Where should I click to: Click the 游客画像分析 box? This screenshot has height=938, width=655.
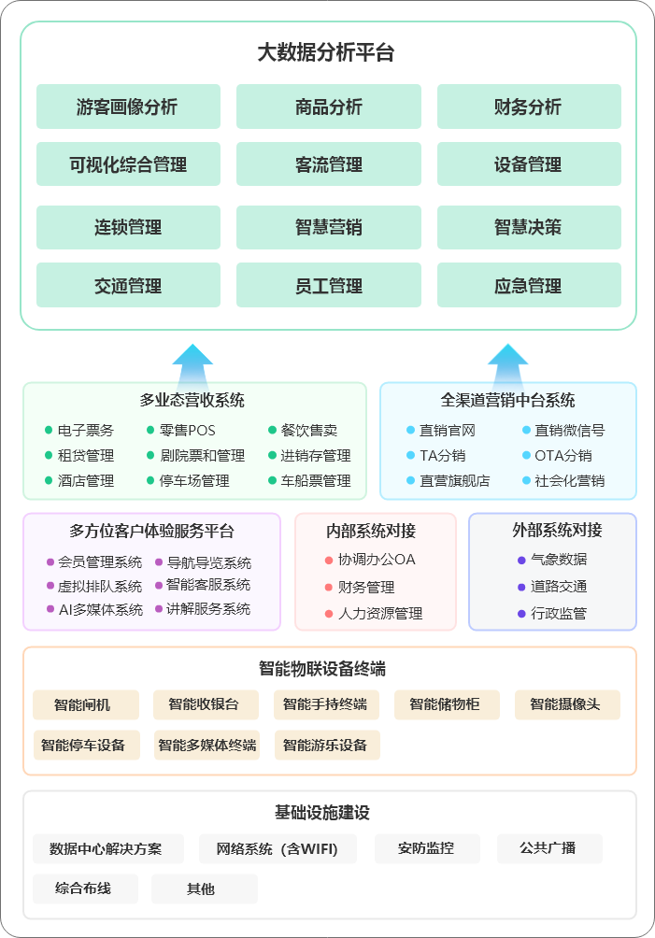click(128, 107)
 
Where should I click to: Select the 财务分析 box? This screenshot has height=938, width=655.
click(529, 107)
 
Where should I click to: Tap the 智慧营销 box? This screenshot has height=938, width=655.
click(328, 227)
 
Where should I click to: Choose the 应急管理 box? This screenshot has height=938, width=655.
click(529, 286)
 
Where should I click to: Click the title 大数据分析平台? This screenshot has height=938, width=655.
click(327, 52)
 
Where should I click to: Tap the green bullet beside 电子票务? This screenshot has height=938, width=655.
click(49, 431)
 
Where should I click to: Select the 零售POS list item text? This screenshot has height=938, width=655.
click(188, 431)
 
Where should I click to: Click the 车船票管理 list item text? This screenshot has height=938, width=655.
click(316, 481)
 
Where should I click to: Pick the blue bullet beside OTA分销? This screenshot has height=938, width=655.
click(526, 456)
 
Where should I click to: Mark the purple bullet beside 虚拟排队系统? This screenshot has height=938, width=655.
click(50, 586)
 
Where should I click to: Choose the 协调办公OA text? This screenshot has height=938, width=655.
click(377, 560)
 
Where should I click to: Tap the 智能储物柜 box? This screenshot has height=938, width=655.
click(447, 704)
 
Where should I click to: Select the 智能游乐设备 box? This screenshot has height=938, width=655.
click(326, 745)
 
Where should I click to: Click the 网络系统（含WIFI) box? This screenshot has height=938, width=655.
click(277, 848)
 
